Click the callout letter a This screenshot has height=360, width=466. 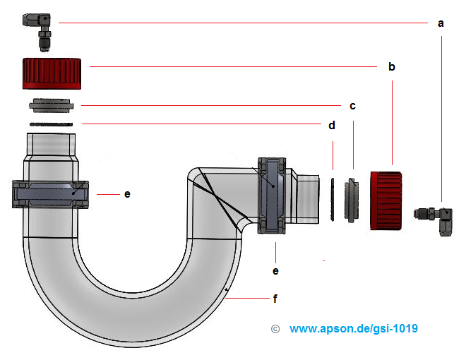click(x=441, y=23)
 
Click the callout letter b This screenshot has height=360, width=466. click(x=391, y=67)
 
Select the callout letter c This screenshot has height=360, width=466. click(x=352, y=106)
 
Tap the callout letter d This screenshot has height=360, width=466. click(x=332, y=125)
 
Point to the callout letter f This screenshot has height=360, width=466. click(x=276, y=299)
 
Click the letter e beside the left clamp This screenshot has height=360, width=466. click(x=127, y=193)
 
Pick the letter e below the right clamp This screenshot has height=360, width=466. click(x=276, y=270)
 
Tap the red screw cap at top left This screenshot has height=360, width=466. click(x=52, y=73)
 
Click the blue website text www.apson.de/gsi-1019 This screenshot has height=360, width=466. click(x=353, y=329)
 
